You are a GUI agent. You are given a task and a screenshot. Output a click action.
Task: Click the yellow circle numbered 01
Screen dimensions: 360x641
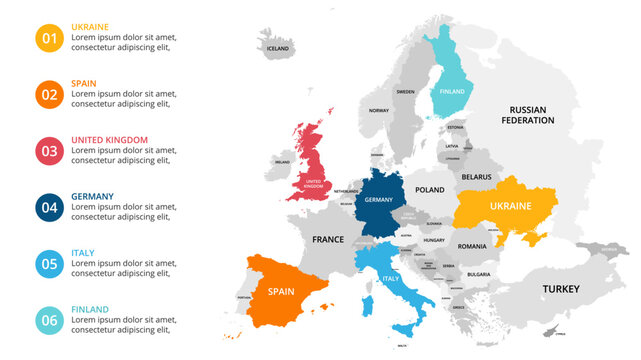(x=49, y=38)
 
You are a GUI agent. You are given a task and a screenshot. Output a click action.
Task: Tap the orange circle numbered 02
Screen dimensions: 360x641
(x=49, y=95)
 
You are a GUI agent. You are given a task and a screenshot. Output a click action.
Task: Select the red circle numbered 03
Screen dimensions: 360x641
(x=49, y=151)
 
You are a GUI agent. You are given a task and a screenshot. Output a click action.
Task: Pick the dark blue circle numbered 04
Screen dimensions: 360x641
(x=49, y=208)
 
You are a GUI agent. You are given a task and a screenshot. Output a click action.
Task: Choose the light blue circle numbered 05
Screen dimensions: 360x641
(x=49, y=264)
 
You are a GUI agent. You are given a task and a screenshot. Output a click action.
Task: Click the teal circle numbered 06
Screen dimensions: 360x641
(x=49, y=321)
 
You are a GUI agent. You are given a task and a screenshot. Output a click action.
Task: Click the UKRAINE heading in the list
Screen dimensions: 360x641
(x=92, y=27)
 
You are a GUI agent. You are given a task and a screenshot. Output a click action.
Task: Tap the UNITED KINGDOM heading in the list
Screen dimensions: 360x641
(x=110, y=140)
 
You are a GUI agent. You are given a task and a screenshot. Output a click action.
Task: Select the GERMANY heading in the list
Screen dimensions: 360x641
(x=93, y=197)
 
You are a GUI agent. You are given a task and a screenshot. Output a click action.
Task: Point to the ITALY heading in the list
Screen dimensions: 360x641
(x=83, y=253)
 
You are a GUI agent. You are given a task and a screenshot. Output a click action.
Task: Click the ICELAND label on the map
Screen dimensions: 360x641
(x=277, y=48)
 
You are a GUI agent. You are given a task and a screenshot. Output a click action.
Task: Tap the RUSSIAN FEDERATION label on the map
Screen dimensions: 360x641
(x=531, y=115)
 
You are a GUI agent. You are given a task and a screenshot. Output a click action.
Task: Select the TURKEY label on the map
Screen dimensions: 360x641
(x=561, y=289)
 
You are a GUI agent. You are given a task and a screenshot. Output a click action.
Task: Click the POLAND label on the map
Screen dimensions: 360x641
(x=430, y=189)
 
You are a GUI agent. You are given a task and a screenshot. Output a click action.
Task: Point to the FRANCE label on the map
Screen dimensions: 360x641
(x=328, y=240)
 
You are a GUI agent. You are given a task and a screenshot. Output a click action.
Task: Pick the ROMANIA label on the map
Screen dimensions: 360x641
(x=471, y=246)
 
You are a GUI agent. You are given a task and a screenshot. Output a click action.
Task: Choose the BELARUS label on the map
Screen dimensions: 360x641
(x=477, y=176)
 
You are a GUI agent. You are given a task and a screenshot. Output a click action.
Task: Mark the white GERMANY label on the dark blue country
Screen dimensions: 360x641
(x=379, y=200)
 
